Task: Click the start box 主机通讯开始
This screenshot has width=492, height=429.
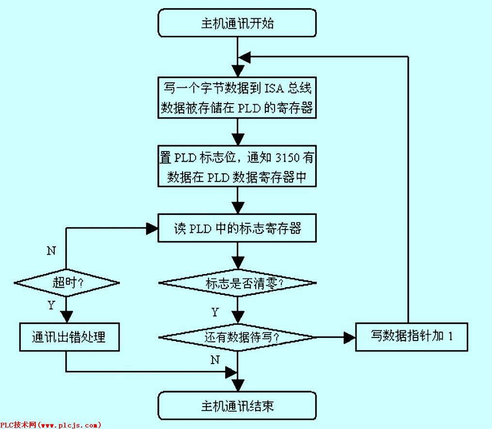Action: coord(237,23)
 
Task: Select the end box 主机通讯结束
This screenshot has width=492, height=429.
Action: coord(237,405)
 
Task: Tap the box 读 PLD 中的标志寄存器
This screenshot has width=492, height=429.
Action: coord(237,228)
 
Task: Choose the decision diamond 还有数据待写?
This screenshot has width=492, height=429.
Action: coord(237,337)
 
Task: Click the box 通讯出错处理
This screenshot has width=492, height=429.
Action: coord(69,337)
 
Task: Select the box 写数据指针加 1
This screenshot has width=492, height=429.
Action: coord(412,337)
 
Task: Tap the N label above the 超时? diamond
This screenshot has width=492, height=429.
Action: coord(51,251)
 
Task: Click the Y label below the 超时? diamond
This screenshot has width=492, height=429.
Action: coord(51,305)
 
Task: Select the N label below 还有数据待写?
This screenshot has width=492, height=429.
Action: coord(215,360)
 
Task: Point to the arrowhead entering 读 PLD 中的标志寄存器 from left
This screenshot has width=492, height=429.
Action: coord(153,228)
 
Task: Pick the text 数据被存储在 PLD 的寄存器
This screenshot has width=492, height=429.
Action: coord(237,108)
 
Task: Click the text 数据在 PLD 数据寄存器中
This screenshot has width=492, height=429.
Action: coord(237,178)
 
